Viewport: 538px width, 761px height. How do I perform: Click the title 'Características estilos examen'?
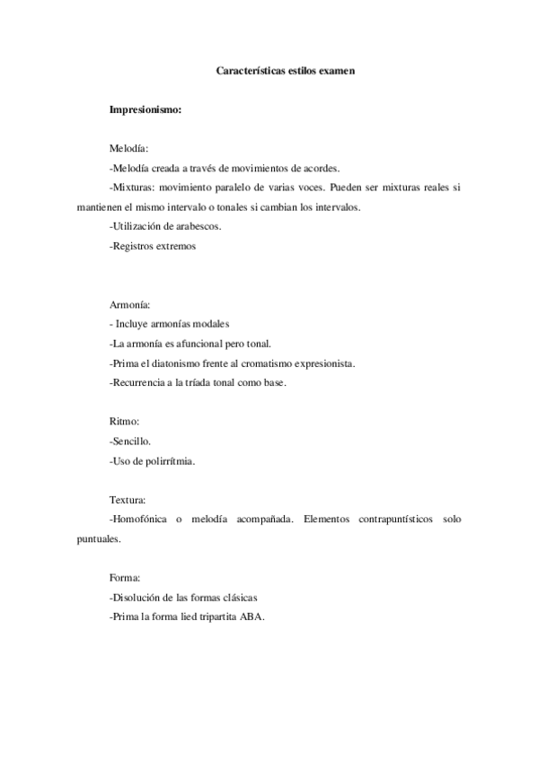pyautogui.click(x=287, y=69)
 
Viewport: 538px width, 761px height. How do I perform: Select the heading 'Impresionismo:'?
pyautogui.click(x=146, y=110)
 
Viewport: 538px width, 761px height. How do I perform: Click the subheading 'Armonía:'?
pyautogui.click(x=130, y=304)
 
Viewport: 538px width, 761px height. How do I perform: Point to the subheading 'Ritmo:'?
pyautogui.click(x=125, y=421)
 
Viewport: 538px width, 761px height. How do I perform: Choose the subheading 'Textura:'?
pyautogui.click(x=128, y=500)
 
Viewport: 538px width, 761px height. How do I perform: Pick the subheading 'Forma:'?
pyautogui.click(x=126, y=578)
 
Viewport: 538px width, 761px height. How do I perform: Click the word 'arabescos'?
pyautogui.click(x=198, y=226)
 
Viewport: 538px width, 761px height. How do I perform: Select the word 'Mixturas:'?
pyautogui.click(x=136, y=188)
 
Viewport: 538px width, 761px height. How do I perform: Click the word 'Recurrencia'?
pyautogui.click(x=139, y=383)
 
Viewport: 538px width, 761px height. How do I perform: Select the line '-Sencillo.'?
pyautogui.click(x=130, y=442)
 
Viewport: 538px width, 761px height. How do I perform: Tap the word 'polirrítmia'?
pyautogui.click(x=171, y=461)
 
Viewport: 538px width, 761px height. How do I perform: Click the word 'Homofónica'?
pyautogui.click(x=139, y=520)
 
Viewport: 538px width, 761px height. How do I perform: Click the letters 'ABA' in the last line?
pyautogui.click(x=252, y=617)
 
